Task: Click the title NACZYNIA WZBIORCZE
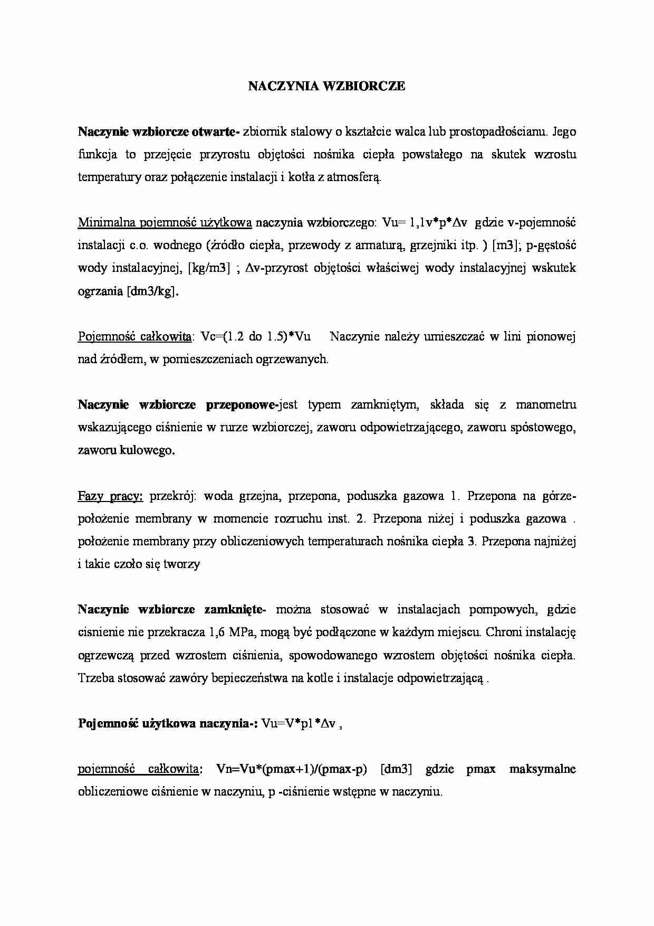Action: (x=326, y=87)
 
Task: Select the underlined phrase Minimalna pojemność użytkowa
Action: (x=165, y=223)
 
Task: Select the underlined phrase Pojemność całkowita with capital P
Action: (x=134, y=337)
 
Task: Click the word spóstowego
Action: (x=543, y=428)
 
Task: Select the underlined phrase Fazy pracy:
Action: (x=110, y=496)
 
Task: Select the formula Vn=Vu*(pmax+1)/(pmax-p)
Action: (x=291, y=769)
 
